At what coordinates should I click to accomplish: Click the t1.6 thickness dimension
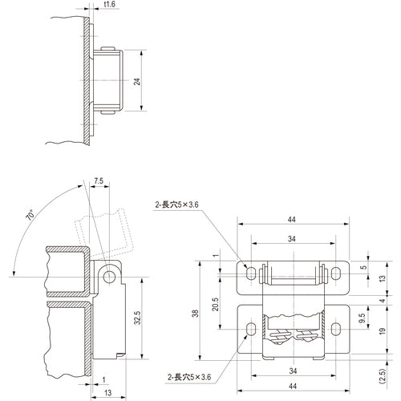pos(110,6)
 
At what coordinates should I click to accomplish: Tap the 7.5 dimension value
pos(99,180)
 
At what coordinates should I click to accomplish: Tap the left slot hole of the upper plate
pos(252,274)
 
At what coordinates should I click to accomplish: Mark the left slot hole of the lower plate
pos(252,328)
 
